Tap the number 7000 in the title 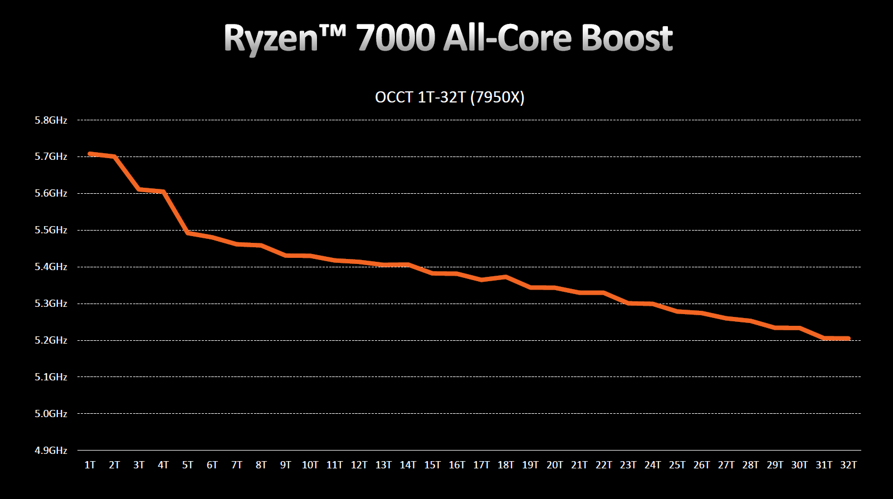pyautogui.click(x=395, y=38)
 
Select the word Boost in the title pyautogui.click(x=626, y=38)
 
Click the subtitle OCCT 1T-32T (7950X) pyautogui.click(x=450, y=97)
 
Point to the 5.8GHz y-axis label pyautogui.click(x=51, y=120)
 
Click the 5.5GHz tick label pyautogui.click(x=51, y=230)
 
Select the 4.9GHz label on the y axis pyautogui.click(x=51, y=450)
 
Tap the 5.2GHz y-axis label pyautogui.click(x=51, y=340)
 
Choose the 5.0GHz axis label pyautogui.click(x=51, y=414)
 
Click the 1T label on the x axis pyautogui.click(x=90, y=465)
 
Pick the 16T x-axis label pyautogui.click(x=457, y=465)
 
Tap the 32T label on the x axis pyautogui.click(x=848, y=465)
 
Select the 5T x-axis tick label pyautogui.click(x=188, y=465)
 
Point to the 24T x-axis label pyautogui.click(x=652, y=465)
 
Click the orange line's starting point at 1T pyautogui.click(x=90, y=154)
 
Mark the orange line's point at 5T pyautogui.click(x=188, y=233)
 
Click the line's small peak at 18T pyautogui.click(x=506, y=277)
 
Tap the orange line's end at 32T pyautogui.click(x=848, y=338)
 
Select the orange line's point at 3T pyautogui.click(x=139, y=190)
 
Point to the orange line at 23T pyautogui.click(x=628, y=303)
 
